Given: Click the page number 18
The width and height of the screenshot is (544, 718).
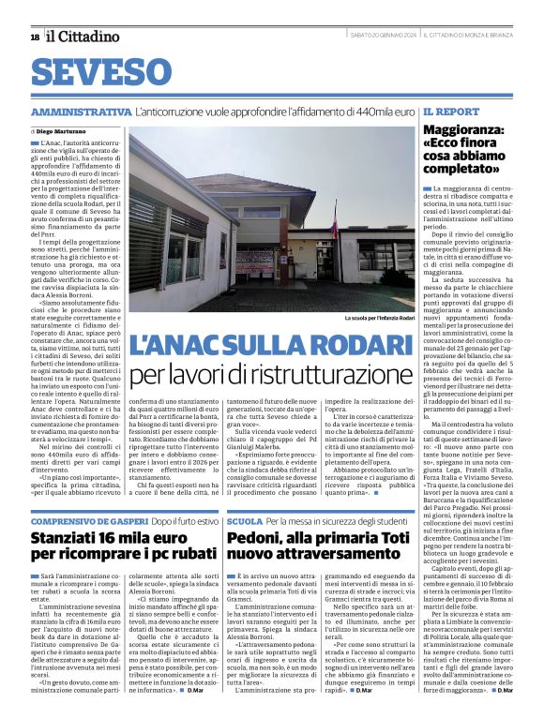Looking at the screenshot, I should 35,37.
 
